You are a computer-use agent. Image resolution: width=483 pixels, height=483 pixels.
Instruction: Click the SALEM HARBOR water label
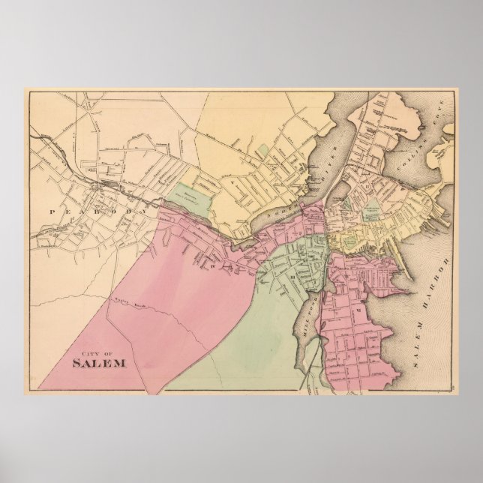tap(431, 307)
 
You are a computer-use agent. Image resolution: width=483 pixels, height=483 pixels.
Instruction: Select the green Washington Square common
tap(369, 212)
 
